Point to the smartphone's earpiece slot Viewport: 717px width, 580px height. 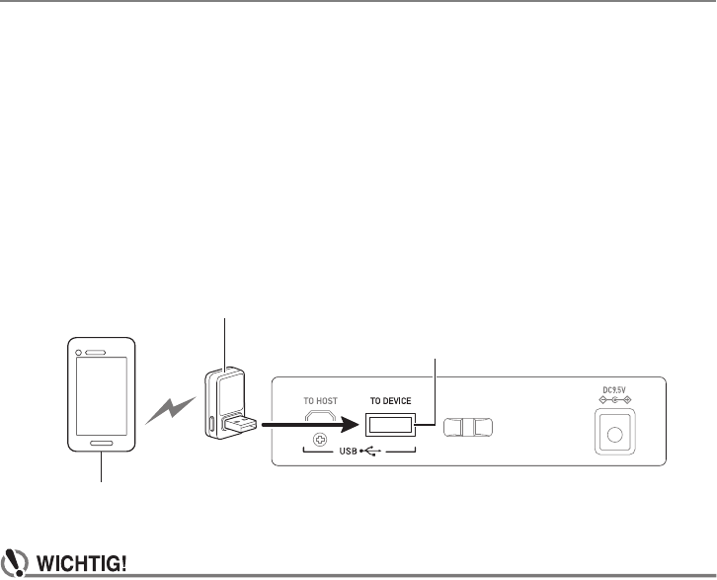coord(96,352)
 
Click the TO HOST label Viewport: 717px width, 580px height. coord(320,401)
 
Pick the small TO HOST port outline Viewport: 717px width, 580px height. coord(320,416)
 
